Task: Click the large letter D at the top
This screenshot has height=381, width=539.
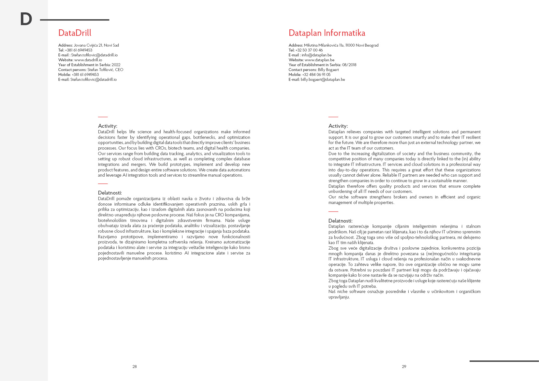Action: click(x=26, y=19)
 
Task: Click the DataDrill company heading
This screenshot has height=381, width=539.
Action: click(x=75, y=33)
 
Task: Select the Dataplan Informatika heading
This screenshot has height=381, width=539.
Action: click(x=327, y=33)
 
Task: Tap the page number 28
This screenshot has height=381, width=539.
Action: click(x=135, y=367)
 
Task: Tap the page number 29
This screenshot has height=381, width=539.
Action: click(x=404, y=367)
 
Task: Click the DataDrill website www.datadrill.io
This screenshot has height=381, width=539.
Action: click(x=88, y=60)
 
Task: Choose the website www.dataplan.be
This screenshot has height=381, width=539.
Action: click(x=319, y=60)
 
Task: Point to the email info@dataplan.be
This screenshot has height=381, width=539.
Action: click(x=316, y=55)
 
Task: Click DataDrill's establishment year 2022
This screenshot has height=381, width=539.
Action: click(x=116, y=65)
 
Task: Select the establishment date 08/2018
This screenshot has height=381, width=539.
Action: click(x=349, y=65)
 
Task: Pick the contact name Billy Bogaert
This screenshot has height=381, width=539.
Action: click(x=328, y=70)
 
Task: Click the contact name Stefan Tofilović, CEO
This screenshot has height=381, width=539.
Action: click(x=105, y=70)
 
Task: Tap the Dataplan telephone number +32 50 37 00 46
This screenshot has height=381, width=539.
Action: click(x=309, y=50)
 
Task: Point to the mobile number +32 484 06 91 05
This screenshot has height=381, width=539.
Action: click(x=316, y=75)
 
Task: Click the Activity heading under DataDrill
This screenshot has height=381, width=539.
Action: click(x=108, y=126)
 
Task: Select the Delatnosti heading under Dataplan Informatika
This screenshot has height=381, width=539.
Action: click(x=340, y=221)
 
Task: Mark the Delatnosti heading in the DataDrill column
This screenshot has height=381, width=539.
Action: click(x=110, y=193)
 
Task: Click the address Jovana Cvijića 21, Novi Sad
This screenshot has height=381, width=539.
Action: click(x=96, y=45)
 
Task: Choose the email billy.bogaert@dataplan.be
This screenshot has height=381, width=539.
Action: click(x=323, y=80)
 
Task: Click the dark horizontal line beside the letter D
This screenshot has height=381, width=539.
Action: click(x=75, y=20)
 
